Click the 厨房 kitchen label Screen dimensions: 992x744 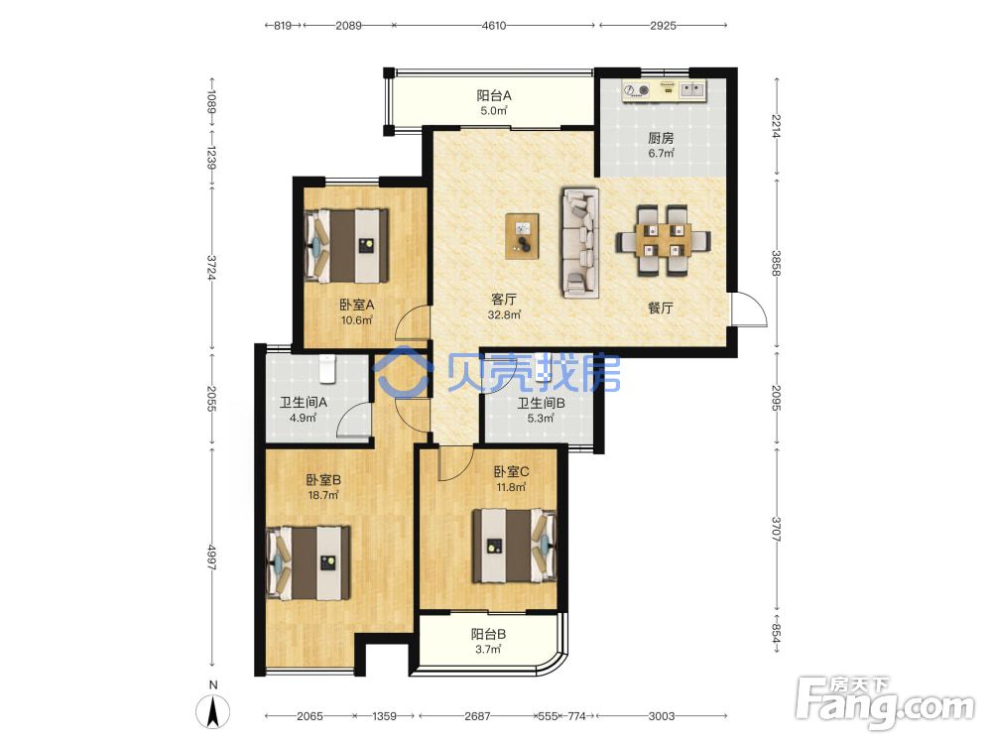661,138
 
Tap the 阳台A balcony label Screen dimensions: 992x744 494,96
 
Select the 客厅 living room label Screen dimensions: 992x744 504,300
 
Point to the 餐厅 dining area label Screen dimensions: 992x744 660,309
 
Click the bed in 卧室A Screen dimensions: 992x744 346,245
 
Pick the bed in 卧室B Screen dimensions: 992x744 309,563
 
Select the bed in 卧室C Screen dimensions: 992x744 514,546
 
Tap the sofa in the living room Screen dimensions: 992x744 579,242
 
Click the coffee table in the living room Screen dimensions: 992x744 523,237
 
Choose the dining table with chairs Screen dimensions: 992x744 663,241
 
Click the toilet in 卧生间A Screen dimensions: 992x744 326,369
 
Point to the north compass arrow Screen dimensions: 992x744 213,711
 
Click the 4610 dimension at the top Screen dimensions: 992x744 493,26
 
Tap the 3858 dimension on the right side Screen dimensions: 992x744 777,263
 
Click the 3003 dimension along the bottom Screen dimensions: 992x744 661,716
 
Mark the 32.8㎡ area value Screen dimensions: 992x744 504,314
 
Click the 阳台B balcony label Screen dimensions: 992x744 488,634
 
